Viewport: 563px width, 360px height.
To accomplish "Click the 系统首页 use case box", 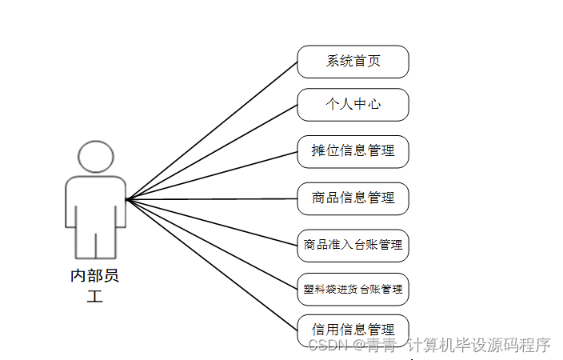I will coord(353,62).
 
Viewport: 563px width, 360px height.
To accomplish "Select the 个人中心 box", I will coord(353,105).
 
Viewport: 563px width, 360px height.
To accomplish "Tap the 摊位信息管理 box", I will coord(353,151).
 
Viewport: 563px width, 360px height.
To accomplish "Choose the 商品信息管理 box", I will coord(353,198).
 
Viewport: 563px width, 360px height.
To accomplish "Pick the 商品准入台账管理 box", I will coord(353,245).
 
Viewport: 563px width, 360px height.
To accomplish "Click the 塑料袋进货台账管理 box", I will coord(353,289).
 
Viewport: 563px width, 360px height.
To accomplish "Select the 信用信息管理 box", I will coord(353,329).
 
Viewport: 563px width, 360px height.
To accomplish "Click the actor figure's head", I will coord(95,157).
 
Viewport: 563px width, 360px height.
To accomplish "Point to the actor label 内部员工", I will coord(95,286).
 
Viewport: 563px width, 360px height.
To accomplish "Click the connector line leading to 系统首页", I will coord(212,130).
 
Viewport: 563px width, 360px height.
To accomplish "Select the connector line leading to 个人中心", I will coord(212,151).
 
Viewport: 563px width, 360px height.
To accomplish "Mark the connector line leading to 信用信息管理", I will coord(212,263).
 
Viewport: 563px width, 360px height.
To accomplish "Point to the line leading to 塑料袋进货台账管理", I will coord(212,243).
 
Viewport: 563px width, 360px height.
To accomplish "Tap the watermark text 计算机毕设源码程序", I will coord(479,345).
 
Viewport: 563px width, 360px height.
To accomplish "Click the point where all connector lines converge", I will coord(127,198).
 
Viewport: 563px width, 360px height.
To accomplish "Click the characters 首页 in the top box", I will coord(367,62).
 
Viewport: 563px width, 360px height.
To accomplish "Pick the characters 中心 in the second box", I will coord(367,105).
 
